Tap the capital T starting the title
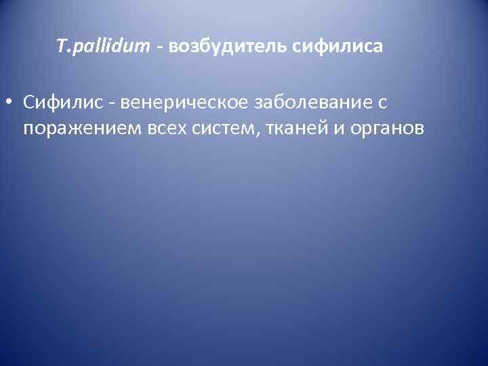click(x=61, y=46)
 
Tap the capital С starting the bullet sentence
click(x=28, y=102)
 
